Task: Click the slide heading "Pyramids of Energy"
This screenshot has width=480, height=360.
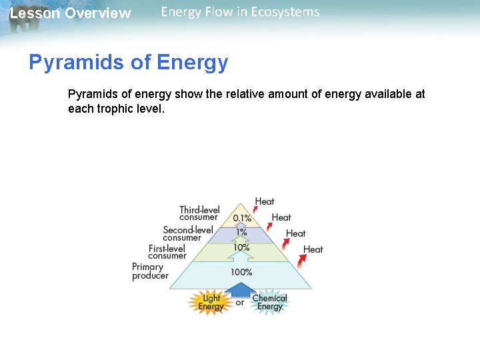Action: tap(128, 63)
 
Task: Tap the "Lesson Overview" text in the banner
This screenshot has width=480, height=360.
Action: tap(71, 13)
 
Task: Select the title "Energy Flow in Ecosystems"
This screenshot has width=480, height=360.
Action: tap(240, 12)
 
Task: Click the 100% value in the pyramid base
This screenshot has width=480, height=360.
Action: tap(241, 272)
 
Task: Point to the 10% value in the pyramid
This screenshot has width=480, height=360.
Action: tap(241, 247)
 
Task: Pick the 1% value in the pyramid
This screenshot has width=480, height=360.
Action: tap(241, 232)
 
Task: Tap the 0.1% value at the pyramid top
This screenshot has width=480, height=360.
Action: tap(242, 218)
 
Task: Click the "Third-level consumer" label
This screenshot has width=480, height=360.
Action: tap(199, 213)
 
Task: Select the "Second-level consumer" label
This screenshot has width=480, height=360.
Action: tap(187, 233)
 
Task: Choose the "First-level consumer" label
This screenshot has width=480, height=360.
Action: tap(167, 252)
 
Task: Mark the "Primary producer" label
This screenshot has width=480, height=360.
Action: tap(150, 271)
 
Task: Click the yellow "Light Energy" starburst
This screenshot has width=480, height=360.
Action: tap(211, 303)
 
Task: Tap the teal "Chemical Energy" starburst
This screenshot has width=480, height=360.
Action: tap(269, 303)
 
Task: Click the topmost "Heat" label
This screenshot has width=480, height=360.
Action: tap(265, 201)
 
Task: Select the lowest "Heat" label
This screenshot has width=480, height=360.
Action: tap(313, 249)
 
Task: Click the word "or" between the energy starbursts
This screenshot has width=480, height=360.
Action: tap(240, 303)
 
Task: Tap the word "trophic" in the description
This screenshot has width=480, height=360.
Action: tap(117, 108)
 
